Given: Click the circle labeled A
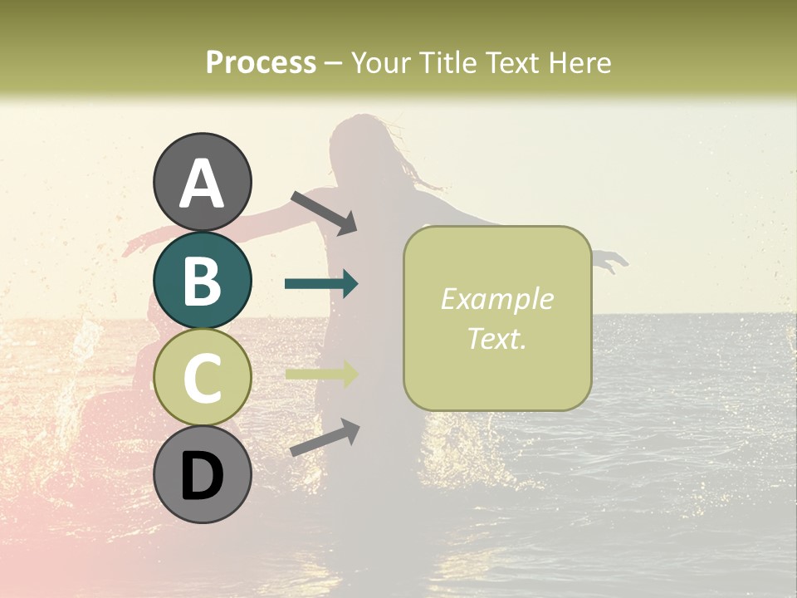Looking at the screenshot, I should click(x=203, y=182).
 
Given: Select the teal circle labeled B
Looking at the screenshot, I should click(x=203, y=280).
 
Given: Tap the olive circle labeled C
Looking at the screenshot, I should click(x=203, y=378).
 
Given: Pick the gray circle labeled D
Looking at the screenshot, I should click(x=203, y=475).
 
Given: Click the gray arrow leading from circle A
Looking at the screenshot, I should click(x=324, y=212).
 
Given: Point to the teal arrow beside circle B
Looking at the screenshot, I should click(x=321, y=284).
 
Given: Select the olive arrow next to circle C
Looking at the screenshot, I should click(x=321, y=374).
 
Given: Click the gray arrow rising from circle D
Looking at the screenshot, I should click(x=325, y=438).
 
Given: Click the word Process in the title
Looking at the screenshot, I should click(x=261, y=62).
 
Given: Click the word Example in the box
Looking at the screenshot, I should click(x=496, y=299).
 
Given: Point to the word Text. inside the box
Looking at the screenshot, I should click(x=496, y=338).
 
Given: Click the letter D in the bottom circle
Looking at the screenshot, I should click(x=203, y=476).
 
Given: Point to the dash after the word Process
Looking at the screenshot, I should click(x=334, y=63).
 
